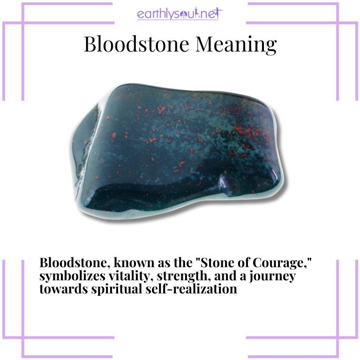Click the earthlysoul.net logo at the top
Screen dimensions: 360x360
click(180, 14)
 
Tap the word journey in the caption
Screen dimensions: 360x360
click(274, 276)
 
